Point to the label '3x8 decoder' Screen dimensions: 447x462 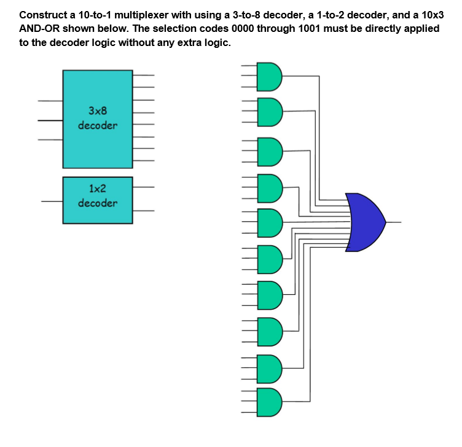point(98,118)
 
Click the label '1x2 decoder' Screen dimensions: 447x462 point(98,196)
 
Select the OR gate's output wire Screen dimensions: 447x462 point(394,222)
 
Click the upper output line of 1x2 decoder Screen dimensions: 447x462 point(143,187)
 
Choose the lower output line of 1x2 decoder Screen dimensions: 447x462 point(143,212)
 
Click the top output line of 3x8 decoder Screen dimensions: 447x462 point(143,76)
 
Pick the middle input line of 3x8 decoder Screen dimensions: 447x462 point(50,121)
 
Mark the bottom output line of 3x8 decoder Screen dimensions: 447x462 point(143,161)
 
